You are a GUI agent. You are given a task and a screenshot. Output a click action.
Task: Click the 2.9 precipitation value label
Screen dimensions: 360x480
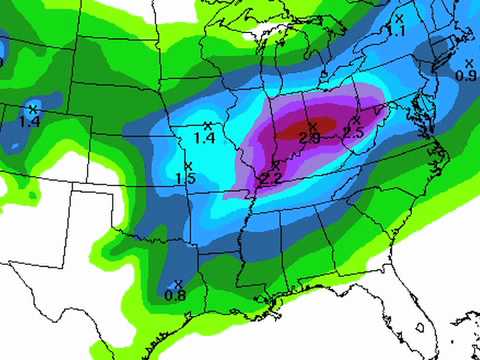click(x=309, y=138)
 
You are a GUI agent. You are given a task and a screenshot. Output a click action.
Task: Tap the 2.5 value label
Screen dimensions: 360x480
click(x=353, y=132)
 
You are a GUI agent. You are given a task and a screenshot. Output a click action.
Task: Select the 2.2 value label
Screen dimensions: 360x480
click(x=270, y=178)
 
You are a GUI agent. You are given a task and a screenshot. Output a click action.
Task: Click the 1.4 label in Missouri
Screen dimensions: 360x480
click(x=204, y=138)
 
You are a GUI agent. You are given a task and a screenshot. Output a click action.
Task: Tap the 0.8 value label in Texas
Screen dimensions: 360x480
click(x=175, y=295)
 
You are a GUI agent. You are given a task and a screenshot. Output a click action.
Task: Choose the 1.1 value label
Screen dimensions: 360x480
click(x=397, y=31)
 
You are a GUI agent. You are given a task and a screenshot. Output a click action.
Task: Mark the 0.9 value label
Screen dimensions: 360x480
click(x=465, y=75)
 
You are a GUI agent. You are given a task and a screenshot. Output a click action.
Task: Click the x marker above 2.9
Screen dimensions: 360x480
click(x=312, y=125)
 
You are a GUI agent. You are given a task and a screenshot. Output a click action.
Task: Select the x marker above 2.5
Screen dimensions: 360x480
click(x=356, y=120)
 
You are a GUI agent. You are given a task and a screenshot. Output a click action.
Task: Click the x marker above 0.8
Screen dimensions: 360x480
click(x=177, y=283)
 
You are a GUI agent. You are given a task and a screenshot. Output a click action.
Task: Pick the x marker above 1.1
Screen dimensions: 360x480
click(x=399, y=18)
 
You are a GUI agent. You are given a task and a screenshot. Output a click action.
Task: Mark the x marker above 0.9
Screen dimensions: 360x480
click(x=468, y=63)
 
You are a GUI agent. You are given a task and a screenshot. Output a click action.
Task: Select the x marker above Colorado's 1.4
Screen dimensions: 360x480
click(x=32, y=108)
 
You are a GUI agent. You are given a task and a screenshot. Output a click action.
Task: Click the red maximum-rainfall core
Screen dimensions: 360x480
click(x=300, y=130)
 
